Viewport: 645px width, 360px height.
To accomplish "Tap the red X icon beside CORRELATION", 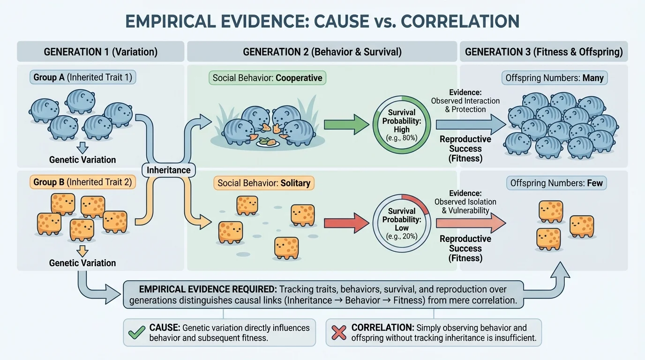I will (x=339, y=333).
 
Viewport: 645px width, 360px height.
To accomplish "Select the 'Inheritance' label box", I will (x=168, y=170).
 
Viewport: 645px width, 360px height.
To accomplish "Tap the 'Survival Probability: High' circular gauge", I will (x=401, y=124).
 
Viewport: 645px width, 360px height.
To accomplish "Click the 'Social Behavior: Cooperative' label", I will (x=267, y=78).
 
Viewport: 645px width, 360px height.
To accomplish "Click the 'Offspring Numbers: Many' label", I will (x=554, y=78).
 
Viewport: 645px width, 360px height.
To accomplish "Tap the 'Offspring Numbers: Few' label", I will (x=556, y=183).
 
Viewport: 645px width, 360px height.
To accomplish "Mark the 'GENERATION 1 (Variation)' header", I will (x=100, y=52).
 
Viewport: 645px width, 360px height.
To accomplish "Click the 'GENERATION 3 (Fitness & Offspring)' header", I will (x=544, y=52).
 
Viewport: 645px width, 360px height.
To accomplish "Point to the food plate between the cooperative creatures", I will (x=268, y=143).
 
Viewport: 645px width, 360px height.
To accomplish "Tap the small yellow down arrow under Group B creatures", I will (x=82, y=251).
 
